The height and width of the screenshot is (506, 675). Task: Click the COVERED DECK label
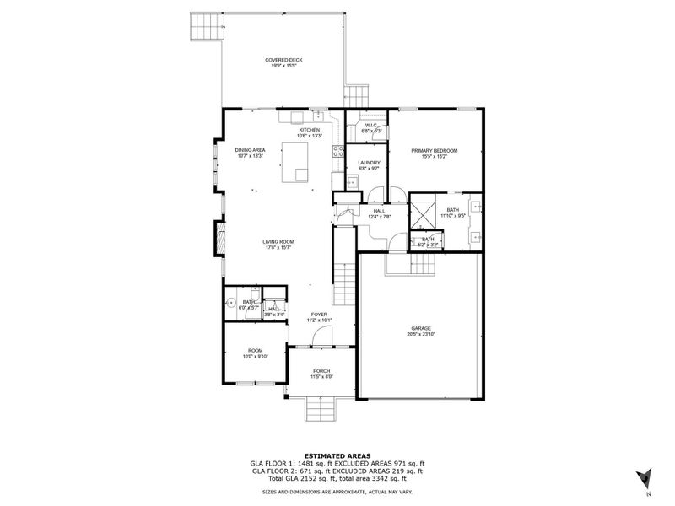tap(283, 60)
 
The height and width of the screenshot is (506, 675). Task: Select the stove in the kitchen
tap(338, 153)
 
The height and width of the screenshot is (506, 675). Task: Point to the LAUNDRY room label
tap(369, 163)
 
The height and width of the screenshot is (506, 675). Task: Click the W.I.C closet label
tap(371, 126)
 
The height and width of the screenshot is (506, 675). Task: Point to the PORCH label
tap(321, 370)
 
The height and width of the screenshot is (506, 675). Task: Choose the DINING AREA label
tap(251, 150)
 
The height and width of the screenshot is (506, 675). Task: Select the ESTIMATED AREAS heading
tap(337, 455)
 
